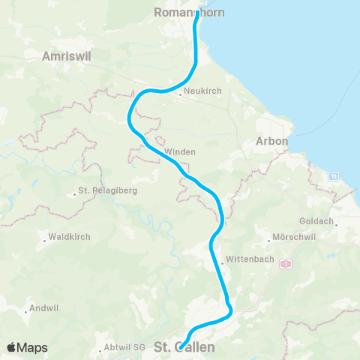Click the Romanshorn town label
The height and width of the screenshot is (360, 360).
[x=183, y=12]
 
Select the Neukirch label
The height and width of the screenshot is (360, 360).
[x=201, y=94]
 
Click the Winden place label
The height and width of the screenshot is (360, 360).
[x=179, y=151]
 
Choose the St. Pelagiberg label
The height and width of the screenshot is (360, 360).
[x=108, y=191]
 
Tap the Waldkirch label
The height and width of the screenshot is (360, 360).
[x=69, y=237]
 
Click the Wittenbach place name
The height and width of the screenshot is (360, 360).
[x=246, y=262]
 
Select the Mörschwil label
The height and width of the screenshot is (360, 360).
[x=292, y=241]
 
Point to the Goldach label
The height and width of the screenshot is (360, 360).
[x=319, y=223]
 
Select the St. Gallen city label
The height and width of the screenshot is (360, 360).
[x=184, y=348]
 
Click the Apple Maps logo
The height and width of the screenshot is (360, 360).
[x=27, y=347]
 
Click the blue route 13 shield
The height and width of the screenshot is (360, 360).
[x=333, y=175]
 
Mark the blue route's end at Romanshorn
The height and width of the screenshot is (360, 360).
[x=196, y=13]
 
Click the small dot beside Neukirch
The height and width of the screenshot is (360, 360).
[x=181, y=94]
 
